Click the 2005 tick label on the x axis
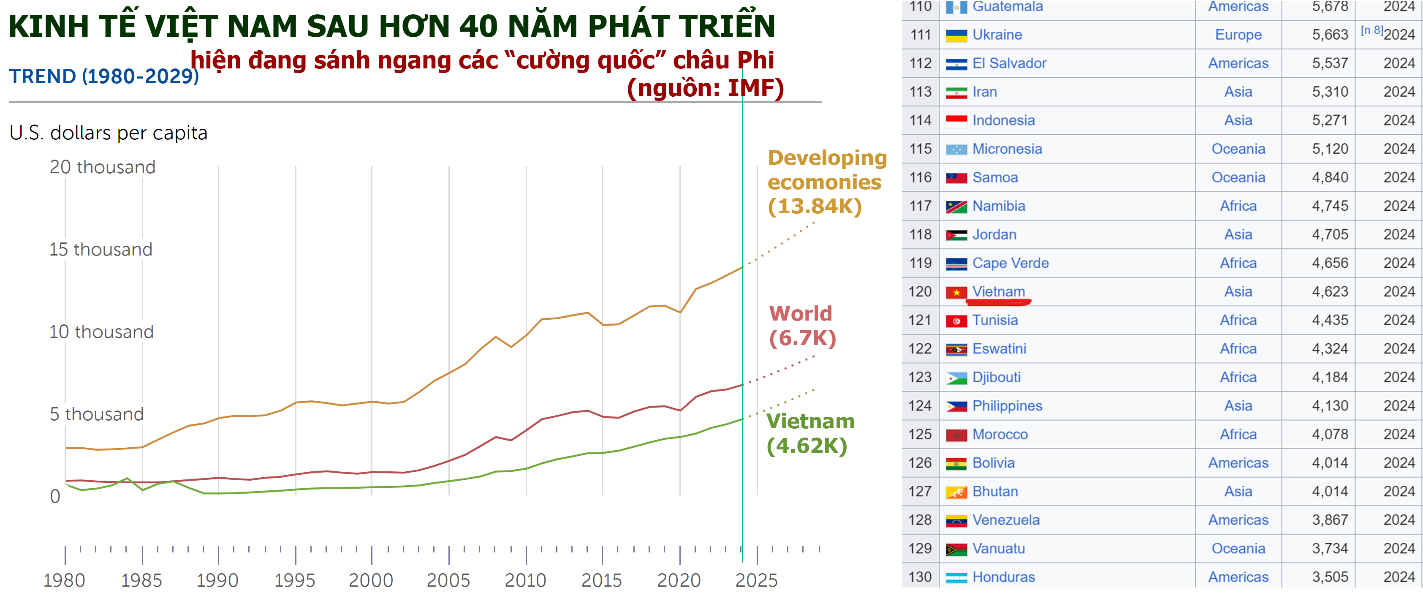click(x=448, y=580)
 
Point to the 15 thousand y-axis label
click(x=100, y=249)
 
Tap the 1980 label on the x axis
click(x=64, y=580)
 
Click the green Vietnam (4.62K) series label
click(x=810, y=433)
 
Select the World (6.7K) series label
click(x=802, y=326)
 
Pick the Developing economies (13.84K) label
click(x=826, y=182)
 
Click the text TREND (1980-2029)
click(x=104, y=76)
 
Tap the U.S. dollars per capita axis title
click(x=108, y=133)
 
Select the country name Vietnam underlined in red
click(x=998, y=291)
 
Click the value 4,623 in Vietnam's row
click(x=1330, y=291)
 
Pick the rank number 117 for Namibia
click(x=921, y=206)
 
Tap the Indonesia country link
click(x=1003, y=120)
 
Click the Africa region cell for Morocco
click(x=1238, y=434)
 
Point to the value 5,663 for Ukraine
click(x=1330, y=34)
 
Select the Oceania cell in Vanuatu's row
click(x=1238, y=548)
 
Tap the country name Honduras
click(x=1003, y=577)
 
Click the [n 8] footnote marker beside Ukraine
click(x=1371, y=30)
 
